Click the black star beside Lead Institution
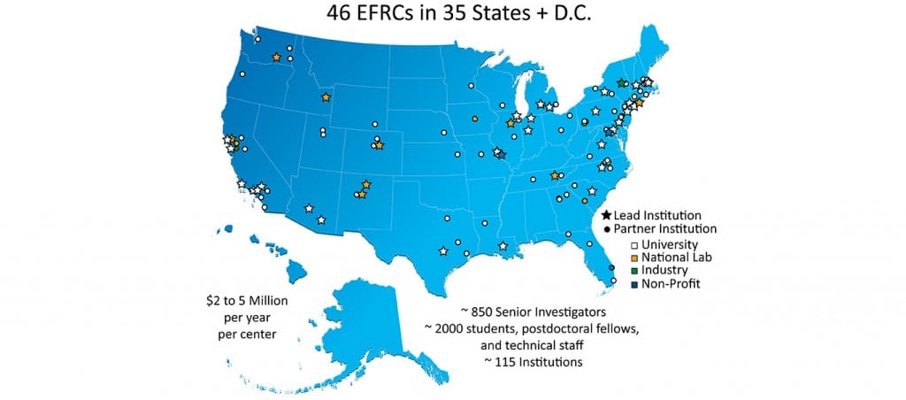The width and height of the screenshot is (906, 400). coord(606,215)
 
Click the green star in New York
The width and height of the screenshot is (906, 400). coord(621,83)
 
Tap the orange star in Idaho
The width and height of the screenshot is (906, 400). coord(326,97)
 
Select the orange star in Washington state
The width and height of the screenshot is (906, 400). coord(276,58)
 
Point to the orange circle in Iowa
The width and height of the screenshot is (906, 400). coord(475,119)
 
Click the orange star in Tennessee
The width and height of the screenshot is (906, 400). coord(555,175)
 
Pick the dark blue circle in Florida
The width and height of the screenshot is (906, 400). coord(610,266)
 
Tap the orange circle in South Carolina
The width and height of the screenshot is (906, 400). coord(585,201)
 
